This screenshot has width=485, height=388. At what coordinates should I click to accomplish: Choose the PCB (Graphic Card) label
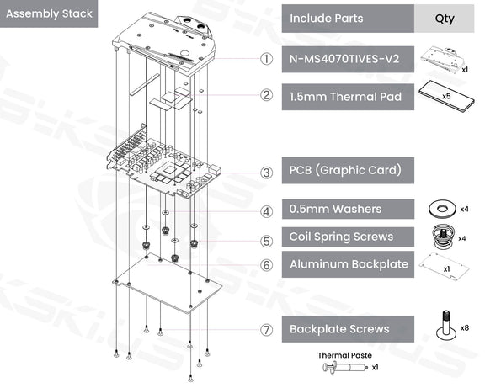click(345, 171)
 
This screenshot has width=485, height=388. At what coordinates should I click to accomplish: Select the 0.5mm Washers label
click(335, 209)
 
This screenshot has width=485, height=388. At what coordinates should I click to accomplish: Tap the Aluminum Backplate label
click(349, 264)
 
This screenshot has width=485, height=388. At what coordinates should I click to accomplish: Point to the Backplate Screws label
click(339, 328)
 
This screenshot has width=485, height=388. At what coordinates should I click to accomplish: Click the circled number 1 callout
click(266, 59)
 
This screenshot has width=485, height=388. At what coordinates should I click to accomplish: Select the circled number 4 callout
click(266, 211)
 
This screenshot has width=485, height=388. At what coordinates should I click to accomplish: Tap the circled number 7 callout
click(266, 330)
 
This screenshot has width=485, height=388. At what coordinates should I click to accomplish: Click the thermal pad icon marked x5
click(442, 95)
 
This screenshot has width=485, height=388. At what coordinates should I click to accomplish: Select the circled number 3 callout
click(266, 173)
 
